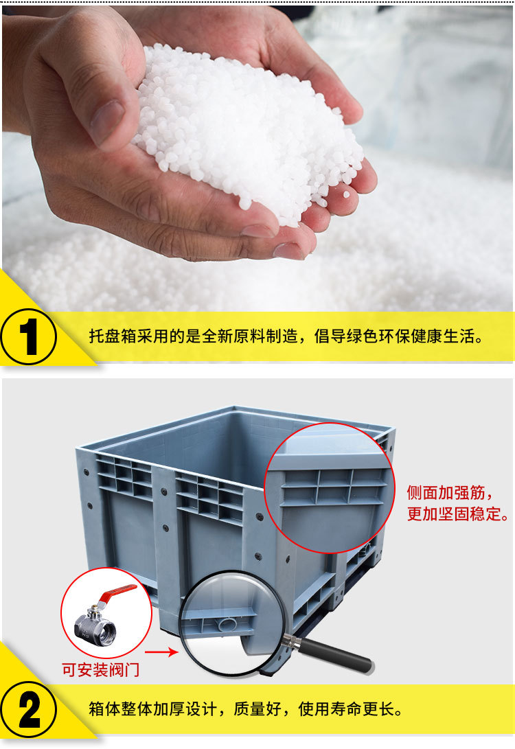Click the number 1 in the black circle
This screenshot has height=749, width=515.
[x=28, y=336]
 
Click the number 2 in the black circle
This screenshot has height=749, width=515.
[x=28, y=709]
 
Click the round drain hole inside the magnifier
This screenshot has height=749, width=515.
[x=227, y=623]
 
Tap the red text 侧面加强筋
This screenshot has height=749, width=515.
[x=450, y=492]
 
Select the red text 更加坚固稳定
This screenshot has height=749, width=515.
[x=457, y=514]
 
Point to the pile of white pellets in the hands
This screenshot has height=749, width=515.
[x=247, y=124]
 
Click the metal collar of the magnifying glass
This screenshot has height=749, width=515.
[x=293, y=643]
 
